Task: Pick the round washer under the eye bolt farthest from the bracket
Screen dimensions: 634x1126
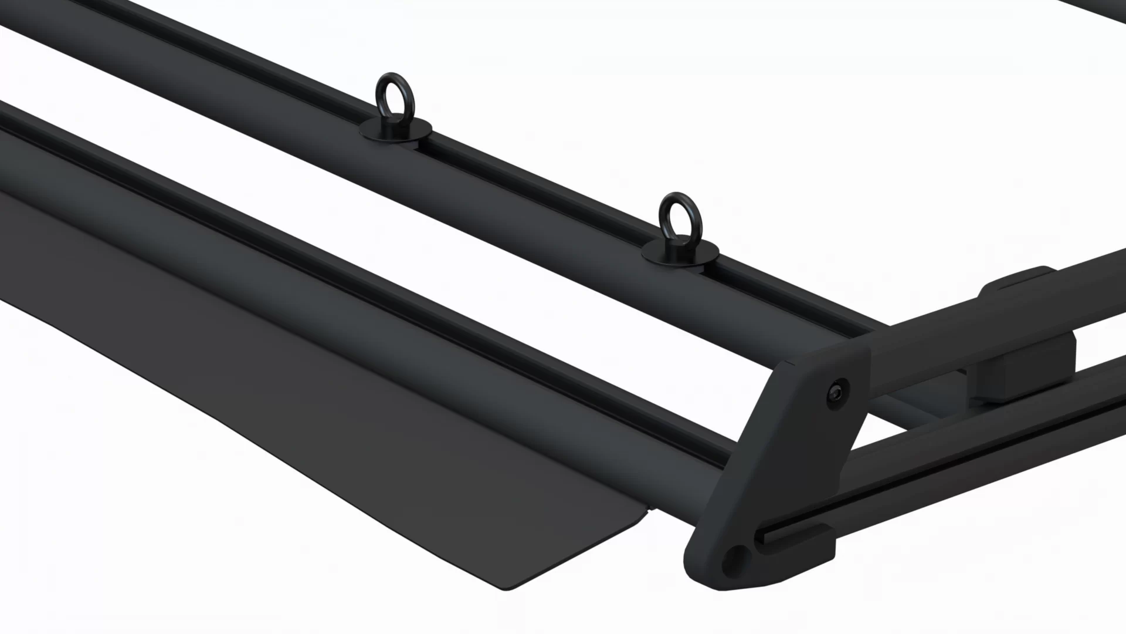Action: (396, 130)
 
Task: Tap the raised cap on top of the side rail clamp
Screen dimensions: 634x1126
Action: (1020, 282)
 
